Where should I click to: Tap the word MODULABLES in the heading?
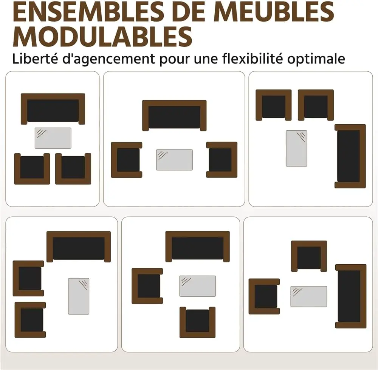point(102,37)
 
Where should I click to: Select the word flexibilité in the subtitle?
point(252,59)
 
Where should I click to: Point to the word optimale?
point(316,59)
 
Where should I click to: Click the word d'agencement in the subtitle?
point(108,59)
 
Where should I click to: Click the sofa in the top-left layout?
point(53,109)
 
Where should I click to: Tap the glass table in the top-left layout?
point(53,138)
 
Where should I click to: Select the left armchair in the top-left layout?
point(32,169)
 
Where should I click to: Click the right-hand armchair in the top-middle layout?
point(222,160)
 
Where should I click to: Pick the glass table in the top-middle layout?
point(174,160)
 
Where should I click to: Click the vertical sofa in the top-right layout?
point(350,156)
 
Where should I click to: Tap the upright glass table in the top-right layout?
point(296,148)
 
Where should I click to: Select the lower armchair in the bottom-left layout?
point(30,320)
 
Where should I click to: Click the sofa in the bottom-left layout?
point(79,247)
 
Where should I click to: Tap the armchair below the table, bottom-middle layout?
point(197,322)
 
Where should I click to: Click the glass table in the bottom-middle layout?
point(197,286)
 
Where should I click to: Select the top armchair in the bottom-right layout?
point(309,256)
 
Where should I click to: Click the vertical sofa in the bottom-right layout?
point(351,296)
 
